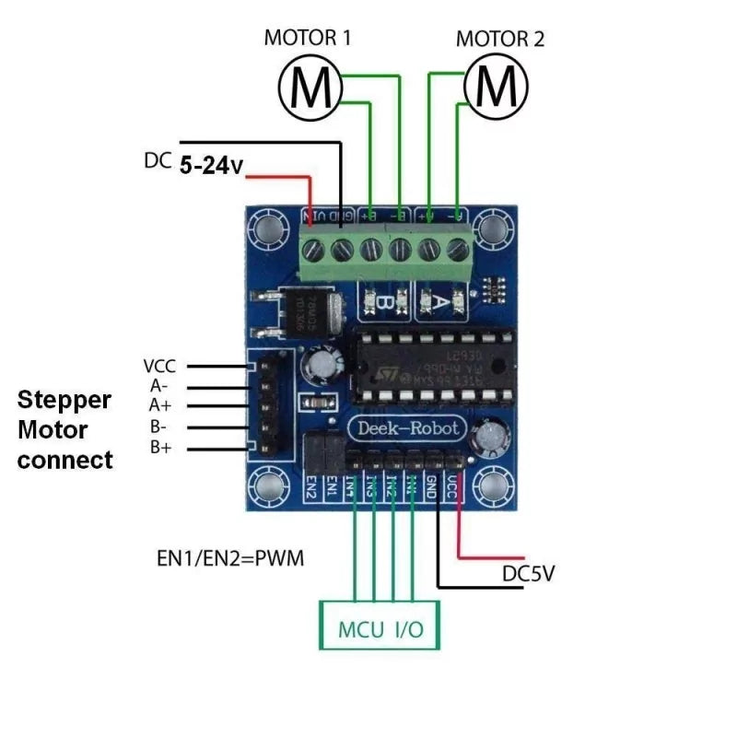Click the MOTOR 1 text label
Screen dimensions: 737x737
click(x=307, y=38)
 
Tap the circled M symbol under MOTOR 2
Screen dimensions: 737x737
click(x=497, y=88)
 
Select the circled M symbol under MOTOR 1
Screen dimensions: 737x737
click(x=310, y=88)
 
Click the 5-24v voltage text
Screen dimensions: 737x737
click(x=211, y=166)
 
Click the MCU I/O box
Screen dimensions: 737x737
click(x=380, y=630)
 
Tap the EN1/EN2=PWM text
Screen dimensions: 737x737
click(x=230, y=559)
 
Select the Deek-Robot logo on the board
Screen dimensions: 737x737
click(x=401, y=428)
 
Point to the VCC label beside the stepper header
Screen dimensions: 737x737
click(x=160, y=366)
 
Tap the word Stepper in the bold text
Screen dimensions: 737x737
click(x=64, y=401)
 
